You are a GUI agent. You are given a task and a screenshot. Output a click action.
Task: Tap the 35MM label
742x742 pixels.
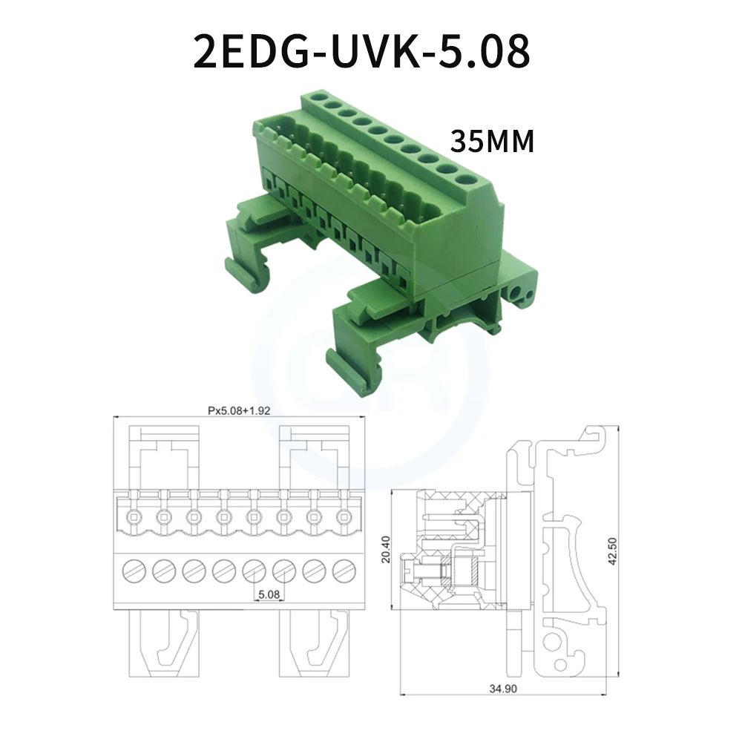(492, 141)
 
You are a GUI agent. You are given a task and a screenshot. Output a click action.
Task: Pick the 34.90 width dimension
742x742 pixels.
(502, 689)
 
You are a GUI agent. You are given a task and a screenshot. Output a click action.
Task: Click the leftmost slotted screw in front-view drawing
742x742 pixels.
(134, 571)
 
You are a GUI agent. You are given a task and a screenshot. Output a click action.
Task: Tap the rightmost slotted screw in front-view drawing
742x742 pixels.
(344, 571)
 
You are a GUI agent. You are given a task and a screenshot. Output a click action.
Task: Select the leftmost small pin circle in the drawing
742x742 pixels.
(134, 516)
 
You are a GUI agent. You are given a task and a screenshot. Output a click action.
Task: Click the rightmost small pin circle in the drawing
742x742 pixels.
(344, 516)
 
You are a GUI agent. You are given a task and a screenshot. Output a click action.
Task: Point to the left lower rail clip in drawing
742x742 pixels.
(165, 642)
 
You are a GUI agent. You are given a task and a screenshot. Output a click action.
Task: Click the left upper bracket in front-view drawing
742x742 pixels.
(165, 456)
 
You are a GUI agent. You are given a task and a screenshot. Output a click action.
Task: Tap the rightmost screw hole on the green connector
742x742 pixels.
(466, 178)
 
